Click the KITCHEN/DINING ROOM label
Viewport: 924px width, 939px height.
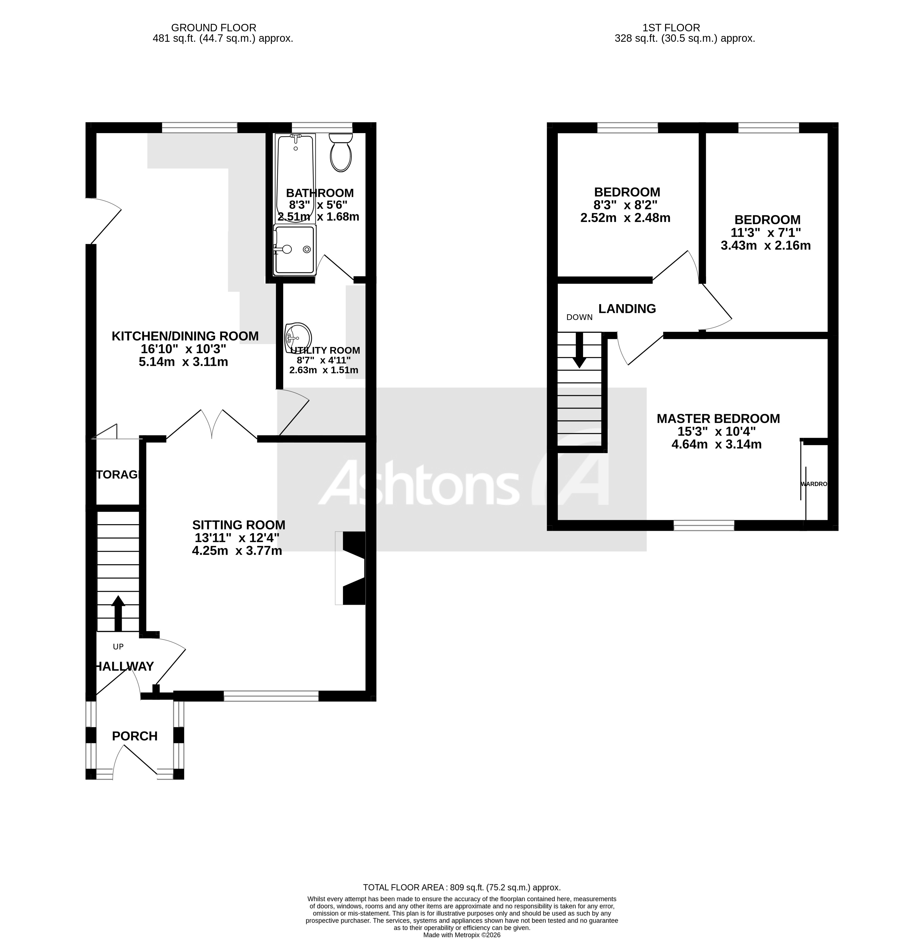click(x=185, y=336)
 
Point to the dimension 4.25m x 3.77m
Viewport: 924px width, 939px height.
click(x=237, y=550)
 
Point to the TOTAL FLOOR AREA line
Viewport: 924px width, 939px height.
click(x=461, y=887)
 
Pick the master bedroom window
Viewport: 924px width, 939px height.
click(x=704, y=525)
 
